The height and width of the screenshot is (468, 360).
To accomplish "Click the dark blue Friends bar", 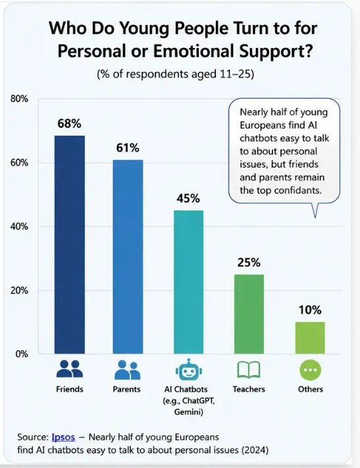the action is point(70,245).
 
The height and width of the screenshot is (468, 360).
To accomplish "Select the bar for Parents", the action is point(128,257).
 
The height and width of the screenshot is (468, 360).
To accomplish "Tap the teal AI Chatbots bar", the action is point(189,282).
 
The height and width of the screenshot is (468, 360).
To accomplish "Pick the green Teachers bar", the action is point(249,314).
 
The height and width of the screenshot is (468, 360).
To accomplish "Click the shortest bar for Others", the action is point(310,338).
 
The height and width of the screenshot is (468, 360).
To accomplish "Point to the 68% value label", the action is point(69,123).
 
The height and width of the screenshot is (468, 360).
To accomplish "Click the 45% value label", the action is point(188,198).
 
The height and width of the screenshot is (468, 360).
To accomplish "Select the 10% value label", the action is point(310,310).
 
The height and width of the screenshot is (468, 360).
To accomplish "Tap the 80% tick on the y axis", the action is point(19,99).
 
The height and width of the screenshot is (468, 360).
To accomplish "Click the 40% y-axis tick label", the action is point(19,226).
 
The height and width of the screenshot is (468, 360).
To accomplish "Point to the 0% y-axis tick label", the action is point(22,354).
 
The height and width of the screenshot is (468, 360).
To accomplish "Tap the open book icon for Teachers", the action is point(249,370).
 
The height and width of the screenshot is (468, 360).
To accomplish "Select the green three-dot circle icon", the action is point(310,370).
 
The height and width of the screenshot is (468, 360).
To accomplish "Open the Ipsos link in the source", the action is point(63,437).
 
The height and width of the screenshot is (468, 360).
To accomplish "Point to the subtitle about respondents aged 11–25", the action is point(176,74).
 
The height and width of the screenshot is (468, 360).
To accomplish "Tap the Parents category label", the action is point(126,389).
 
